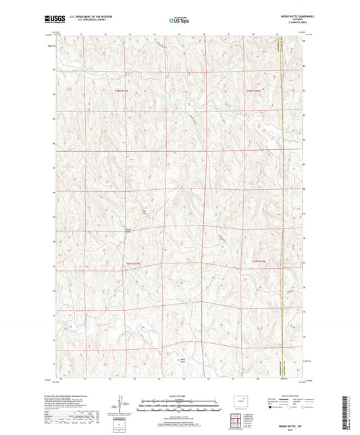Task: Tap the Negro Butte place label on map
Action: coord(126,231)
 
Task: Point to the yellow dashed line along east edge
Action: coord(281,203)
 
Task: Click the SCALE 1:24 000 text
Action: coord(180,395)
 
